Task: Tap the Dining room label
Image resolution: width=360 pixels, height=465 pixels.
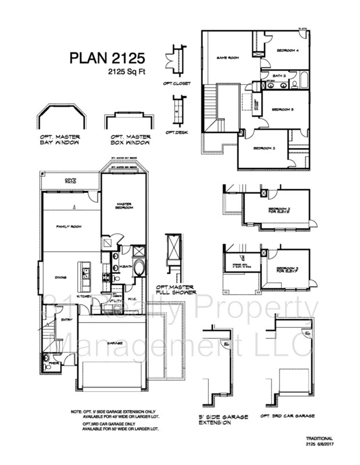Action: click(x=60, y=277)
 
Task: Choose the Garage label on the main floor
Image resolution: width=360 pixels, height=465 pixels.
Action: click(x=114, y=343)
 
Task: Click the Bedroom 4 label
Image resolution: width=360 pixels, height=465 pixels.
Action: click(x=287, y=51)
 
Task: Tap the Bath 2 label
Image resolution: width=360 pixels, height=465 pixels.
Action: click(x=280, y=76)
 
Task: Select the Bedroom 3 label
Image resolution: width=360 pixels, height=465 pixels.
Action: click(x=283, y=109)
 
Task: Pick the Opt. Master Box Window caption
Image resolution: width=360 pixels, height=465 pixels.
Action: click(x=130, y=139)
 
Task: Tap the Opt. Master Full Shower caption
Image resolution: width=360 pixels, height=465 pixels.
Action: click(x=175, y=289)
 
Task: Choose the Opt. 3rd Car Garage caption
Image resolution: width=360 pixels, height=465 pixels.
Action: click(x=287, y=417)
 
